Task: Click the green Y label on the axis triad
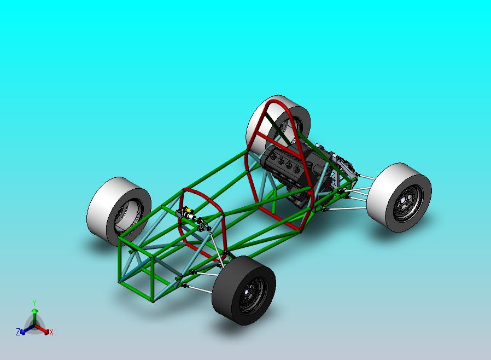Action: (x=34, y=303)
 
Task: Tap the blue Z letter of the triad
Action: (x=18, y=332)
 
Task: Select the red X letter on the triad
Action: (x=51, y=332)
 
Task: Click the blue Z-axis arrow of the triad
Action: (x=25, y=329)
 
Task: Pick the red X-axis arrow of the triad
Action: (x=44, y=330)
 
